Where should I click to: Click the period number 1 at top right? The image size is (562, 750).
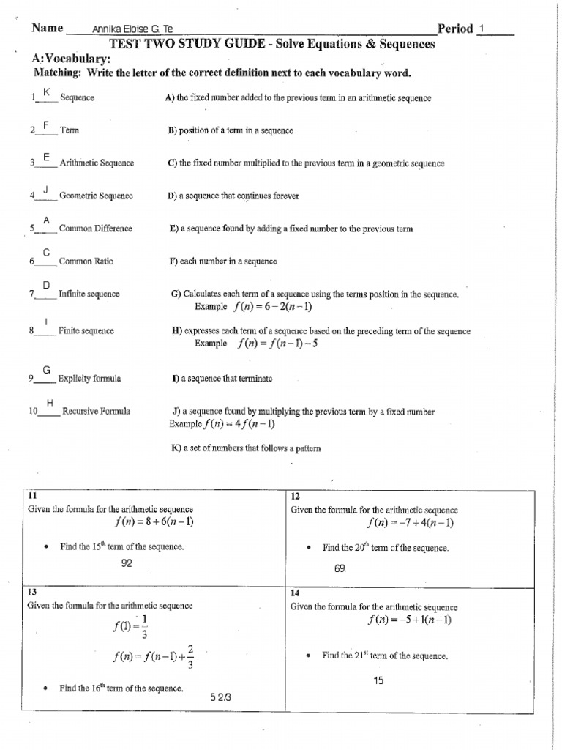(482, 29)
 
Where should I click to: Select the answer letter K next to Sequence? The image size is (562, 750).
(46, 92)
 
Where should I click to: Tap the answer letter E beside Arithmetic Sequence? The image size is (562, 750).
(46, 157)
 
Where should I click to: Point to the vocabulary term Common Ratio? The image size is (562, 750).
(86, 261)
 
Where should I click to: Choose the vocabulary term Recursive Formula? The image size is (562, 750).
(96, 411)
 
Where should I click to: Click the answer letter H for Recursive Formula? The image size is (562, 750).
(50, 404)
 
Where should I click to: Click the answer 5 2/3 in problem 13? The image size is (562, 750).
(220, 696)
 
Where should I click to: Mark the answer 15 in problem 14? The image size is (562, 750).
(378, 680)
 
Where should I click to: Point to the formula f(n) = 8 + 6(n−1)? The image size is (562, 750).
(153, 522)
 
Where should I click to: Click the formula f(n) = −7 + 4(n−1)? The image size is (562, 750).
(410, 522)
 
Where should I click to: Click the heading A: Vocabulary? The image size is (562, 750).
(71, 59)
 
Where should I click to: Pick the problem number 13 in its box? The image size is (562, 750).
(31, 591)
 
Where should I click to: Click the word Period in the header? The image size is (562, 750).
(454, 29)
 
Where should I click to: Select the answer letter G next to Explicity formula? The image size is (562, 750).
(46, 370)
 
